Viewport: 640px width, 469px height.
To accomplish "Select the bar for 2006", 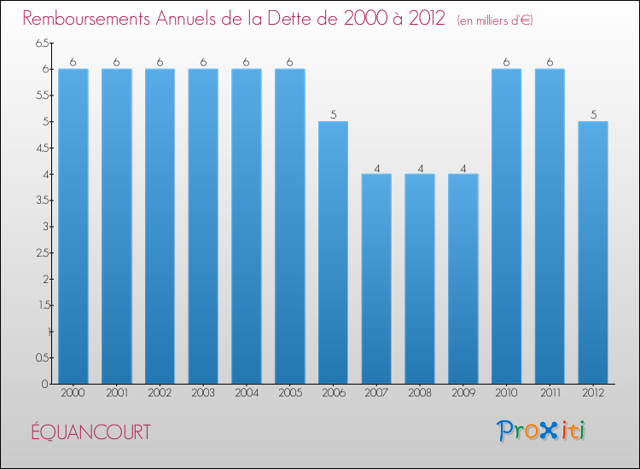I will pos(333,252).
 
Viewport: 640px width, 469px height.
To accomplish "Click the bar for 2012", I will pos(593,252).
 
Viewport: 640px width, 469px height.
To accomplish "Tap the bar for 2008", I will pos(420,279).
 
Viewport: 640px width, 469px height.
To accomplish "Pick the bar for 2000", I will pos(73,226).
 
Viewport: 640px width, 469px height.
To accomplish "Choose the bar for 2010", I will pos(507,226).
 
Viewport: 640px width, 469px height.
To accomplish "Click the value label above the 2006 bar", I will pos(333,114).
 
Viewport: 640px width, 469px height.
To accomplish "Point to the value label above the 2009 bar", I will pos(463,167).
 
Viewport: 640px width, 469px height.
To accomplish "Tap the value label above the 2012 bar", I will pos(593,114).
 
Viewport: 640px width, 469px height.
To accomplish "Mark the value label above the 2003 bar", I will pos(203,61).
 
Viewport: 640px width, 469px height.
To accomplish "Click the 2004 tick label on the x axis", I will pos(247,394).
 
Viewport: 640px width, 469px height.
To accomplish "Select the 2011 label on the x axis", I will pos(550,394).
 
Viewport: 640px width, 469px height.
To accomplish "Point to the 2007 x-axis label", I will pos(376,394).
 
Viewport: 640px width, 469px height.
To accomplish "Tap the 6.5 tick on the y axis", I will pos(42,43).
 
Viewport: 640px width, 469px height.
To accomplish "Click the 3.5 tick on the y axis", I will pos(42,200).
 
